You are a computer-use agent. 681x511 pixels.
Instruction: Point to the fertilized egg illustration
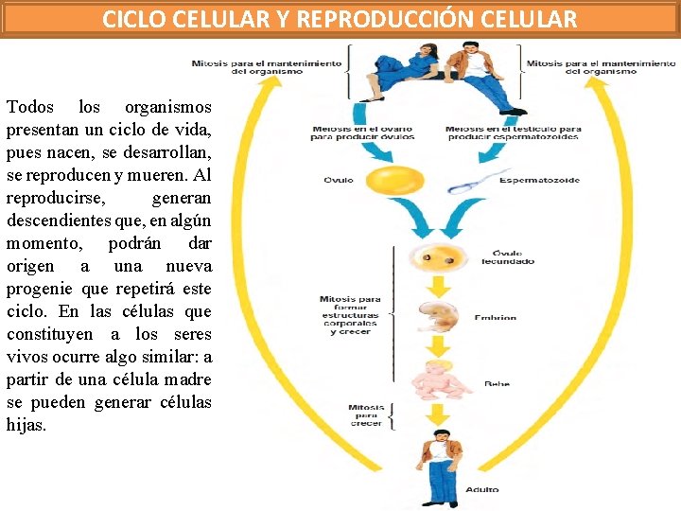click(434, 256)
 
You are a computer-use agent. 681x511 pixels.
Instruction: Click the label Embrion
click(495, 319)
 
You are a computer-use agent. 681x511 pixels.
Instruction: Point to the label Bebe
click(497, 384)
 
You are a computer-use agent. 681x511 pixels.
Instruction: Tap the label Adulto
click(482, 489)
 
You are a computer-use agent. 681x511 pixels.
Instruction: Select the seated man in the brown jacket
click(478, 71)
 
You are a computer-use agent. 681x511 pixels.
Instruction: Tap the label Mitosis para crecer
click(365, 415)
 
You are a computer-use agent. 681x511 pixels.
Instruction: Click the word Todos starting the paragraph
click(29, 107)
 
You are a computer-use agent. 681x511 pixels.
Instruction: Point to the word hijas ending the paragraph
click(26, 425)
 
